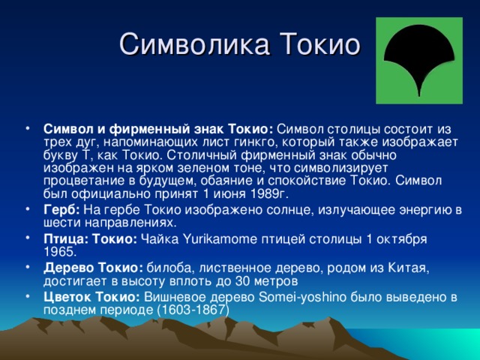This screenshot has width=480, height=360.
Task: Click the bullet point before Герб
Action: click(x=28, y=209)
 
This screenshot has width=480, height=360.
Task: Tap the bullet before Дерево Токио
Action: click(x=28, y=268)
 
